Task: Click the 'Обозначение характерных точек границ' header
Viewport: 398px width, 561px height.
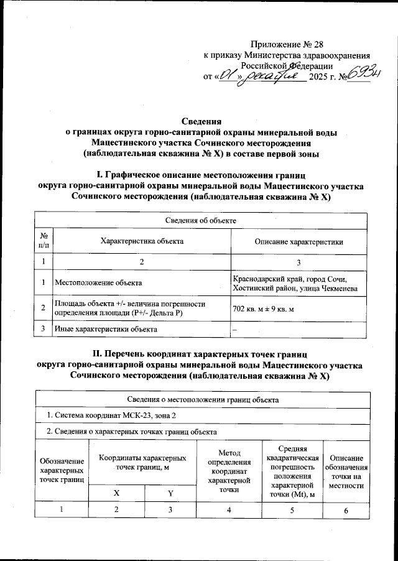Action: (x=62, y=470)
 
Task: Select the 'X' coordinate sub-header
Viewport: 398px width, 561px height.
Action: (x=116, y=493)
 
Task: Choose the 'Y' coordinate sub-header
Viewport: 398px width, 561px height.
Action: (x=170, y=493)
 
